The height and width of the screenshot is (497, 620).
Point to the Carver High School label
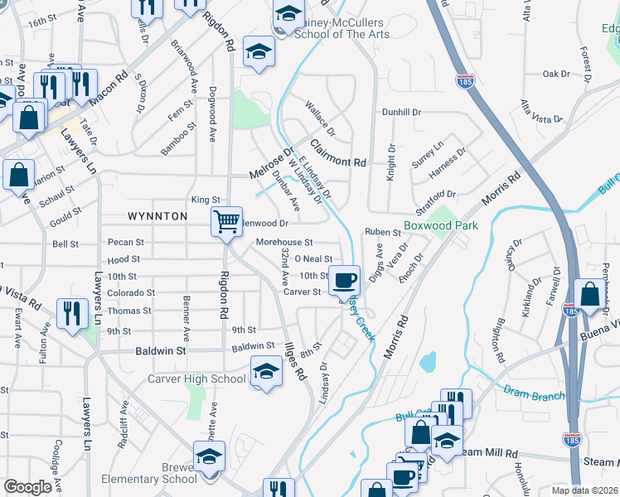pos(196,379)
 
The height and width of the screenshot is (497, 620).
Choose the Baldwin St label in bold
pos(161,351)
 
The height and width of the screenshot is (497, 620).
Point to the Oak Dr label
pos(556,74)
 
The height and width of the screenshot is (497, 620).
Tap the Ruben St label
pos(383,233)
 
